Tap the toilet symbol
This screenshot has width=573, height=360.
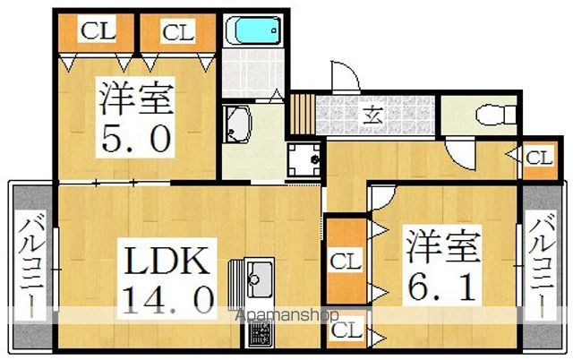496,115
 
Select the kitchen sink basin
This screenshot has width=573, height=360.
260,279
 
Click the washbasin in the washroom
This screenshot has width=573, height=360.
237,124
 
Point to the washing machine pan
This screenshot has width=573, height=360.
304,159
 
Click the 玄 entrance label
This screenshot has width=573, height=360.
373,117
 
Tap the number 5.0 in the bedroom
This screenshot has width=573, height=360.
136,139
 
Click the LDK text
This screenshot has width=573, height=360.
167,261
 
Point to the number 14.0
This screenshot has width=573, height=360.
167,299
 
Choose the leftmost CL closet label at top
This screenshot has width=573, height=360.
98,30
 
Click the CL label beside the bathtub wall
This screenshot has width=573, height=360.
178,32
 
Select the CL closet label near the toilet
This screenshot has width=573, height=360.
539,159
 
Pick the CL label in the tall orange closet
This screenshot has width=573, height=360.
346,261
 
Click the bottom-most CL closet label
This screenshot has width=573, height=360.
346,330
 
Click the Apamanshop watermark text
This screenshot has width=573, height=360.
287,315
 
